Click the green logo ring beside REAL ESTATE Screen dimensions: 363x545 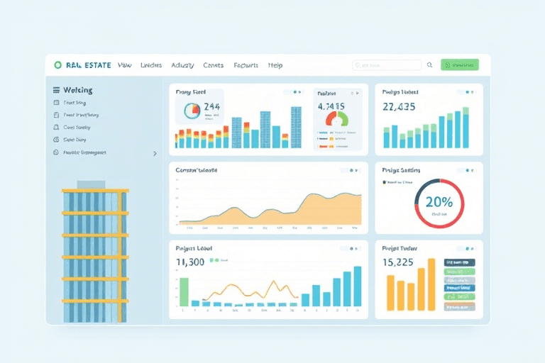point(57,65)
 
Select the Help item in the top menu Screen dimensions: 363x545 point(275,65)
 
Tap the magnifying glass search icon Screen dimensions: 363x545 point(429,65)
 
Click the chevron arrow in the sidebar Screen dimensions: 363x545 point(155,152)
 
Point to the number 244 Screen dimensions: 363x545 point(212,107)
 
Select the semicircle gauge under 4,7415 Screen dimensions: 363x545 point(337,120)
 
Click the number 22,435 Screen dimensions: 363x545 point(399,107)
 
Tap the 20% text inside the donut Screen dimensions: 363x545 point(439,202)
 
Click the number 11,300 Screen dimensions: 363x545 point(190,262)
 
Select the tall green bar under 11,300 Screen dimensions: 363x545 point(184,291)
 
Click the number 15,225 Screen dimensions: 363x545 point(398,262)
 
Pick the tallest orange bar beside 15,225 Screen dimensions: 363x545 point(431,284)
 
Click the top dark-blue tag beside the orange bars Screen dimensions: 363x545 point(460,262)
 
